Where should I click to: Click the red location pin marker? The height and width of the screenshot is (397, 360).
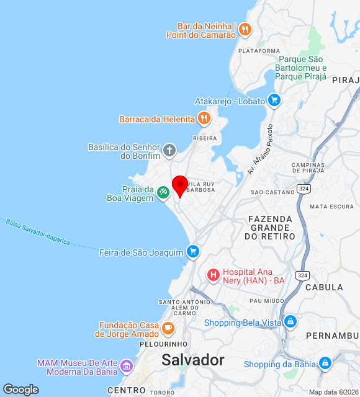click(180, 185)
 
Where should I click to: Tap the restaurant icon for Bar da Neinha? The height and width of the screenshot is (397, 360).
click(245, 29)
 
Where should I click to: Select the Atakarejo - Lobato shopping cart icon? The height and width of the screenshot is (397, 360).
click(274, 100)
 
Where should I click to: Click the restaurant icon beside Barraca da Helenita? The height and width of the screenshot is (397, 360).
click(204, 118)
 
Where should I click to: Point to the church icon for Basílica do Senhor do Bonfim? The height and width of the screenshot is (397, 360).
click(169, 150)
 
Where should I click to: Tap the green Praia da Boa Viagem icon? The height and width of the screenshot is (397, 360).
click(163, 193)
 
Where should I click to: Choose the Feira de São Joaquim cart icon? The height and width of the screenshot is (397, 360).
click(193, 251)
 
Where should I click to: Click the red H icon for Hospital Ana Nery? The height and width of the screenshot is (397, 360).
click(213, 274)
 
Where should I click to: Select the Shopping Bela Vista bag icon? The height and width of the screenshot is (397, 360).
click(289, 321)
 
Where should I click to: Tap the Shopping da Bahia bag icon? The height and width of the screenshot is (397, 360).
click(325, 364)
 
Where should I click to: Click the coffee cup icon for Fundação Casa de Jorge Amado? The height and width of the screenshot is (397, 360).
click(168, 328)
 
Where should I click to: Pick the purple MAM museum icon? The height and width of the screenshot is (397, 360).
click(127, 366)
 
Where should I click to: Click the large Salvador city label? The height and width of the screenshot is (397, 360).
click(193, 360)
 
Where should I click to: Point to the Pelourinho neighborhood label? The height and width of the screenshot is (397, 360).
click(164, 344)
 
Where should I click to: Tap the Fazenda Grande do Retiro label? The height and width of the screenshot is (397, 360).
click(270, 228)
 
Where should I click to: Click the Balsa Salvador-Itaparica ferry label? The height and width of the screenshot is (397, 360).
click(37, 231)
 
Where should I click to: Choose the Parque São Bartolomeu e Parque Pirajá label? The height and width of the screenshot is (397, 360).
click(302, 68)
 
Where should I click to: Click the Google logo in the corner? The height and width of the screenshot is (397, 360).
click(20, 390)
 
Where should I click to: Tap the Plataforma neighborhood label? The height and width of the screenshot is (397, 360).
click(259, 51)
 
